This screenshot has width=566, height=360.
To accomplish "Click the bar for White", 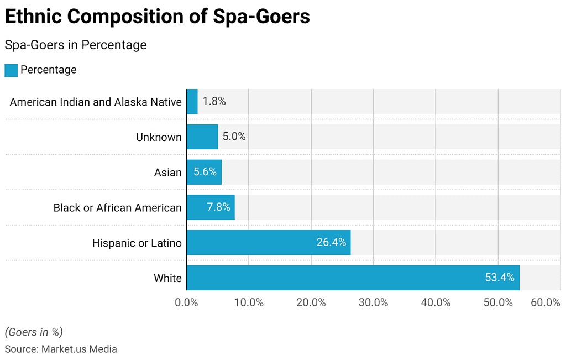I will (353, 278).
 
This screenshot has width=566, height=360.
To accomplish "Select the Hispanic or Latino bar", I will (268, 242).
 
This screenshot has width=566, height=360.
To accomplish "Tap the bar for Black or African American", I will (211, 207).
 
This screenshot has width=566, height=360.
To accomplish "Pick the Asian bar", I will (204, 172).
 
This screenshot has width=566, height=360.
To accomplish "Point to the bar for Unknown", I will (202, 137).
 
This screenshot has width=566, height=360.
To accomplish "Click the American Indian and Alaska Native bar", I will (192, 101).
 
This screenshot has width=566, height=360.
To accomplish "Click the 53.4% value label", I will (500, 278).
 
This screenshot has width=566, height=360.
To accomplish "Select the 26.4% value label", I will (331, 242).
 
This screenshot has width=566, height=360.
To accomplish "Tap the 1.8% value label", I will (214, 102).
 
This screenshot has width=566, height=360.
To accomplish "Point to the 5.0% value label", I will (234, 137).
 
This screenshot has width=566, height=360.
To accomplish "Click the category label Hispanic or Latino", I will (137, 243).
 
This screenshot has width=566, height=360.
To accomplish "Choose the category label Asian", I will (167, 173).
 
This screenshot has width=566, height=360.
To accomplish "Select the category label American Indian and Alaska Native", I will (96, 102).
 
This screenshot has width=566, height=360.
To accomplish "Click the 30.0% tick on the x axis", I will (374, 303).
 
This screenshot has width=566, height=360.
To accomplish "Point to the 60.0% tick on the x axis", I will (546, 303).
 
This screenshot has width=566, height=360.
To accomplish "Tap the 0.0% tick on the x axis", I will (187, 303).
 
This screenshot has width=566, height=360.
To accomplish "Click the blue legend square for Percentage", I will (11, 70).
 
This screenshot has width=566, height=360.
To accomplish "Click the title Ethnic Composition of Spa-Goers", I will (157, 17).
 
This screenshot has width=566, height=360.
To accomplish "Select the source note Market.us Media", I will (61, 349).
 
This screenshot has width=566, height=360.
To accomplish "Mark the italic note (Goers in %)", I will (34, 332).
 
